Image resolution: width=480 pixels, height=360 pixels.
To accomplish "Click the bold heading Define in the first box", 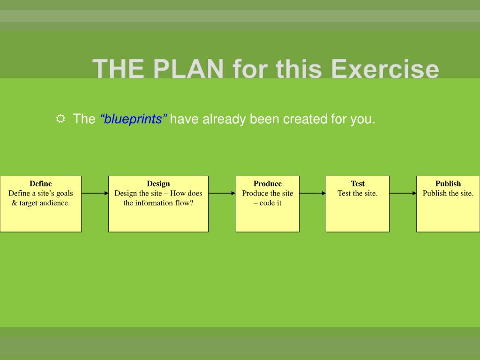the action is [41, 184].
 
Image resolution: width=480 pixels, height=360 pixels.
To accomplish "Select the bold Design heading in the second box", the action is [158, 184].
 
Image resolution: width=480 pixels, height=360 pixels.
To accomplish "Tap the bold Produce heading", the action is [268, 184].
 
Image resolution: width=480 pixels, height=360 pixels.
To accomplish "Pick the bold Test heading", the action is [358, 184].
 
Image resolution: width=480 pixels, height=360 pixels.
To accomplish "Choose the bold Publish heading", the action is [448, 184].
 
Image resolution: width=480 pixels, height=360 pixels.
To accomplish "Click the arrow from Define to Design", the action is [95, 193].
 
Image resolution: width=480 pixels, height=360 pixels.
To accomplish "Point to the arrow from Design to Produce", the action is [222, 193].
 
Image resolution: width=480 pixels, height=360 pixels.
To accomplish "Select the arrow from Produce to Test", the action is [313, 193].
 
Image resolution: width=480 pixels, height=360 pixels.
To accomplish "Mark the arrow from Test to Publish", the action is [403, 193].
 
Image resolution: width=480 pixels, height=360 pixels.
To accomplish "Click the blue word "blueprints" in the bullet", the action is [134, 119].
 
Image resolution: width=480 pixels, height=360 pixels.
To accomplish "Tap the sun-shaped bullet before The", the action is [61, 119].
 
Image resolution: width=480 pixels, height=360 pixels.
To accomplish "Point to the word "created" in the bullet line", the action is [306, 119].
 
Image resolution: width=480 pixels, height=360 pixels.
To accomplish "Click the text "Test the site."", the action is [358, 193].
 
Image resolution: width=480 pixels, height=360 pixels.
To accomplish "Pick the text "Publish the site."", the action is [448, 193].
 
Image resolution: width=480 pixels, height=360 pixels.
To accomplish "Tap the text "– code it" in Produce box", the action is [268, 203].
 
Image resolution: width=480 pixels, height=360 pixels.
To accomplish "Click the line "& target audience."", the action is [41, 203].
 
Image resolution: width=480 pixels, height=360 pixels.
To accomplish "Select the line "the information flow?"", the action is [158, 203].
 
